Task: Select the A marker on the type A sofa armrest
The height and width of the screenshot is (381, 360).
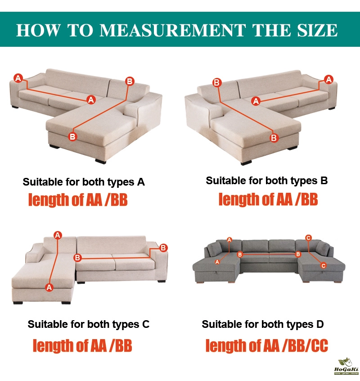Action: [x=18, y=78]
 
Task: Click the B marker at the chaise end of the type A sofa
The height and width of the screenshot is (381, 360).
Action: [x=72, y=136]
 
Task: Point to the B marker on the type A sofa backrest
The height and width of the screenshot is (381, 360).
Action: [x=130, y=81]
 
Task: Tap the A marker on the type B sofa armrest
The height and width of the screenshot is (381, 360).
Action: [x=328, y=79]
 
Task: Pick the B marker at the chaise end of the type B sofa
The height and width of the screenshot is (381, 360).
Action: [x=274, y=138]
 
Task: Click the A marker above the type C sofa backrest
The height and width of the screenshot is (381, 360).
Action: [x=58, y=235]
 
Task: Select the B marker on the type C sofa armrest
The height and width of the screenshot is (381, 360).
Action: [x=163, y=248]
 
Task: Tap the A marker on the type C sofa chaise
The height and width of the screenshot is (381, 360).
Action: [x=49, y=287]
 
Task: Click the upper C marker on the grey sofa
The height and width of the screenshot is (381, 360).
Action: [x=308, y=238]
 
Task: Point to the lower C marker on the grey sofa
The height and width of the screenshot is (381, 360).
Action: [x=324, y=266]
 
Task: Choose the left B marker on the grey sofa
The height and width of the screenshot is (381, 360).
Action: [x=240, y=254]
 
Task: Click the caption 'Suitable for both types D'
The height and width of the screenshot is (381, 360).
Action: [x=263, y=324]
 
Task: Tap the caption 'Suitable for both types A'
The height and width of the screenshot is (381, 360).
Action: [x=84, y=182]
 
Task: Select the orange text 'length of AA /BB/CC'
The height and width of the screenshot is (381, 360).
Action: [x=266, y=345]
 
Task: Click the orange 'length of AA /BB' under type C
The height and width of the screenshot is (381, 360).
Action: [x=82, y=345]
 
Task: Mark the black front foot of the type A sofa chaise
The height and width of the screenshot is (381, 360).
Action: [x=100, y=161]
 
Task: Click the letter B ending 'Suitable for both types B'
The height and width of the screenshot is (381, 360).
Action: [x=324, y=181]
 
